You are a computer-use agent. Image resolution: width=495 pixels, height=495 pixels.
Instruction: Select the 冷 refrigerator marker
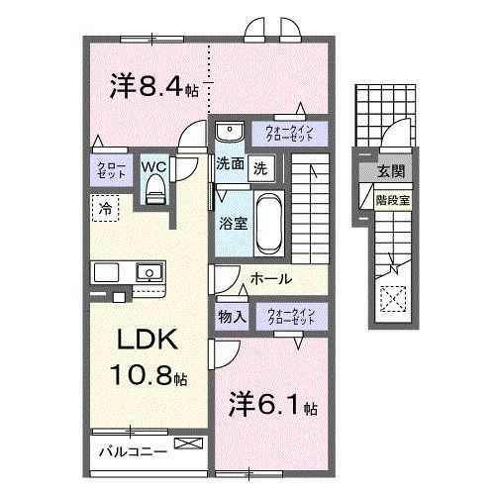(x=104, y=208)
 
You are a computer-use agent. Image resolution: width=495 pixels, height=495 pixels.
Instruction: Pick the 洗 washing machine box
(x=258, y=166)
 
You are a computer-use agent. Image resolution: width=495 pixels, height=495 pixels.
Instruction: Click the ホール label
(x=270, y=280)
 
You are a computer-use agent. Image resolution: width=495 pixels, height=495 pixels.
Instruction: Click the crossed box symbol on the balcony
(x=185, y=445)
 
